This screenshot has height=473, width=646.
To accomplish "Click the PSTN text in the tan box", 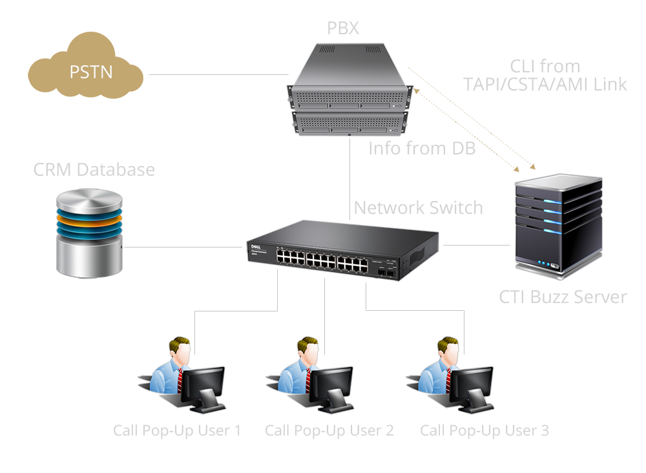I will pos(91,71).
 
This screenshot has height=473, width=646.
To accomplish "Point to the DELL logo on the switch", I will pos(253,246).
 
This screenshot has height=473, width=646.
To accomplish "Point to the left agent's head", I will pos(179,350).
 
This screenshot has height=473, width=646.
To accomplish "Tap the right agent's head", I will pos(447,350).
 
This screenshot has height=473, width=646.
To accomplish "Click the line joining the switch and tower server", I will pos(475,246).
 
